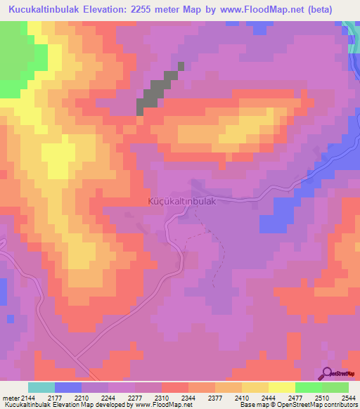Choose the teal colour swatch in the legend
tap(41, 387)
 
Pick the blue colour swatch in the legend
tap(68, 387)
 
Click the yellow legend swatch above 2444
tap(255, 387)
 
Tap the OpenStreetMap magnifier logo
tap(327, 373)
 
